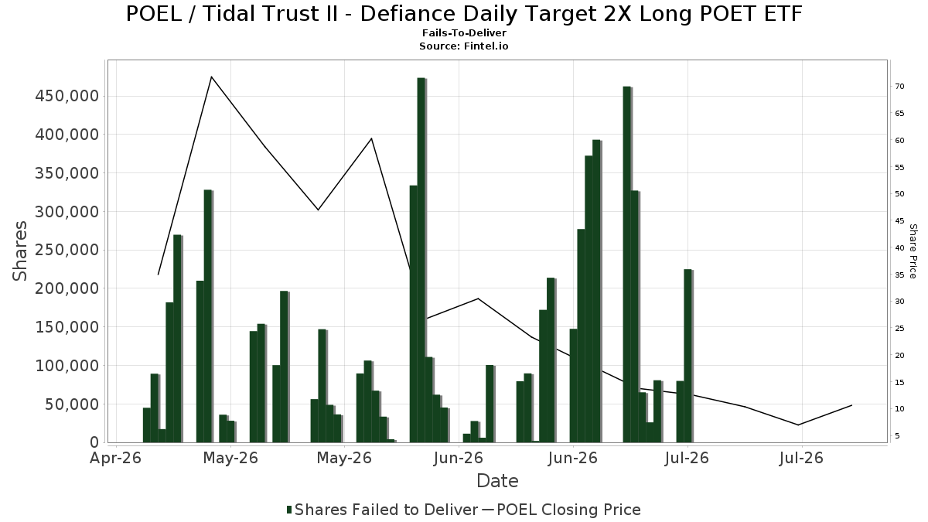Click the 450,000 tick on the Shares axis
(67, 96)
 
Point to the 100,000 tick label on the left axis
(67, 366)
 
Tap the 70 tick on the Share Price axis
(899, 86)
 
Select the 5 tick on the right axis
(897, 436)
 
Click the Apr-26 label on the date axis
(115, 458)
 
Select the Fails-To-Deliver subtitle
(464, 32)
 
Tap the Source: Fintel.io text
(463, 46)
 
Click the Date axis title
(497, 481)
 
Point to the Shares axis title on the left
(19, 251)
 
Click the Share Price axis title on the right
(913, 251)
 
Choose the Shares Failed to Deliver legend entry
(382, 510)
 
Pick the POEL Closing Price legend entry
(561, 510)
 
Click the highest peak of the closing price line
(211, 77)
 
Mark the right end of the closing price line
(851, 405)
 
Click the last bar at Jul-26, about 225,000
(688, 356)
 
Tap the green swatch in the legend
(289, 510)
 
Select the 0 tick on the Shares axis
(95, 443)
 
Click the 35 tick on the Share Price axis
(899, 275)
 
